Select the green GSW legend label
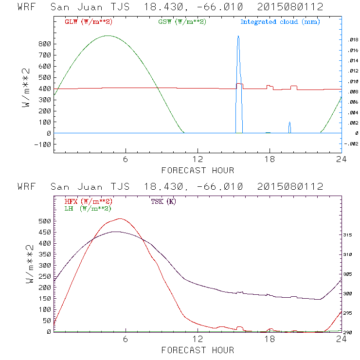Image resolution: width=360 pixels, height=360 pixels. (x=182, y=22)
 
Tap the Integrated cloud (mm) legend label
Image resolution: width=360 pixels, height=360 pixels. (x=280, y=22)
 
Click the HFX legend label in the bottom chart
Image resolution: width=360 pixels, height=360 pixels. (x=88, y=201)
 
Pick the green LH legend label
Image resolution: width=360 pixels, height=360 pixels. (x=88, y=208)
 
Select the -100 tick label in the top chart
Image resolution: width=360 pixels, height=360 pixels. (x=44, y=144)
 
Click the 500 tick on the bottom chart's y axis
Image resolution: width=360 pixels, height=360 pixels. (x=45, y=221)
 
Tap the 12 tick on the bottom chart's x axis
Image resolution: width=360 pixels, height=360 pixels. (x=198, y=339)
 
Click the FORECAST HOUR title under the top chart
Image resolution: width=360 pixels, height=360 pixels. (x=198, y=170)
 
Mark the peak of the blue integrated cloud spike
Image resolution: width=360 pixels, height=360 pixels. (x=238, y=36)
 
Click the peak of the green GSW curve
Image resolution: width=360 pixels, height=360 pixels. (x=108, y=36)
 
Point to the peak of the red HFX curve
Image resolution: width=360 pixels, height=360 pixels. (x=119, y=219)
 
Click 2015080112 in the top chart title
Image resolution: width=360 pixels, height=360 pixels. (x=290, y=7)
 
